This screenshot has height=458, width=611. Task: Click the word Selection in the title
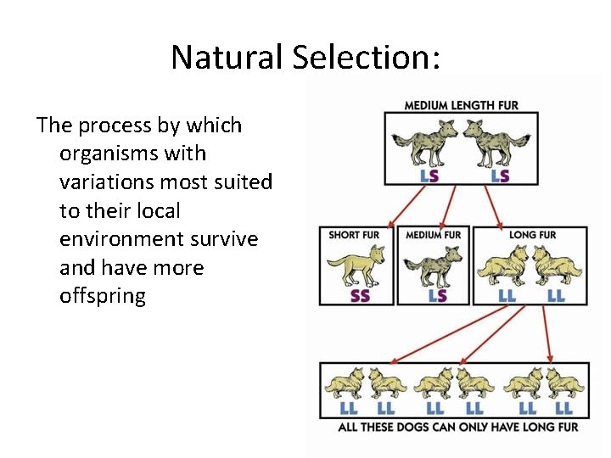pyautogui.click(x=367, y=58)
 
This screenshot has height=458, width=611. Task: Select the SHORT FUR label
pyautogui.click(x=354, y=235)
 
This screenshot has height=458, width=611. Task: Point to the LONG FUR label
pyautogui.click(x=532, y=235)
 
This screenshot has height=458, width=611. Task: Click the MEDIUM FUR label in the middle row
pyautogui.click(x=434, y=235)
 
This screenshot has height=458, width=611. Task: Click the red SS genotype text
pyautogui.click(x=360, y=296)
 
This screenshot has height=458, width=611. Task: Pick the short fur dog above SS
pyautogui.click(x=357, y=265)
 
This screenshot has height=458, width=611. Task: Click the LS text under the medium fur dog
pyautogui.click(x=438, y=296)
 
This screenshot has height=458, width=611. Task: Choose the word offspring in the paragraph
pyautogui.click(x=103, y=297)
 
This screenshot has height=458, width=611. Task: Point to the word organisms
pyautogui.click(x=132, y=154)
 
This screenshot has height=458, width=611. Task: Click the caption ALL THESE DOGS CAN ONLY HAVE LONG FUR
pyautogui.click(x=458, y=427)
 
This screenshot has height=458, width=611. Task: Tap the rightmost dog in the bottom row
pyautogui.click(x=563, y=384)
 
